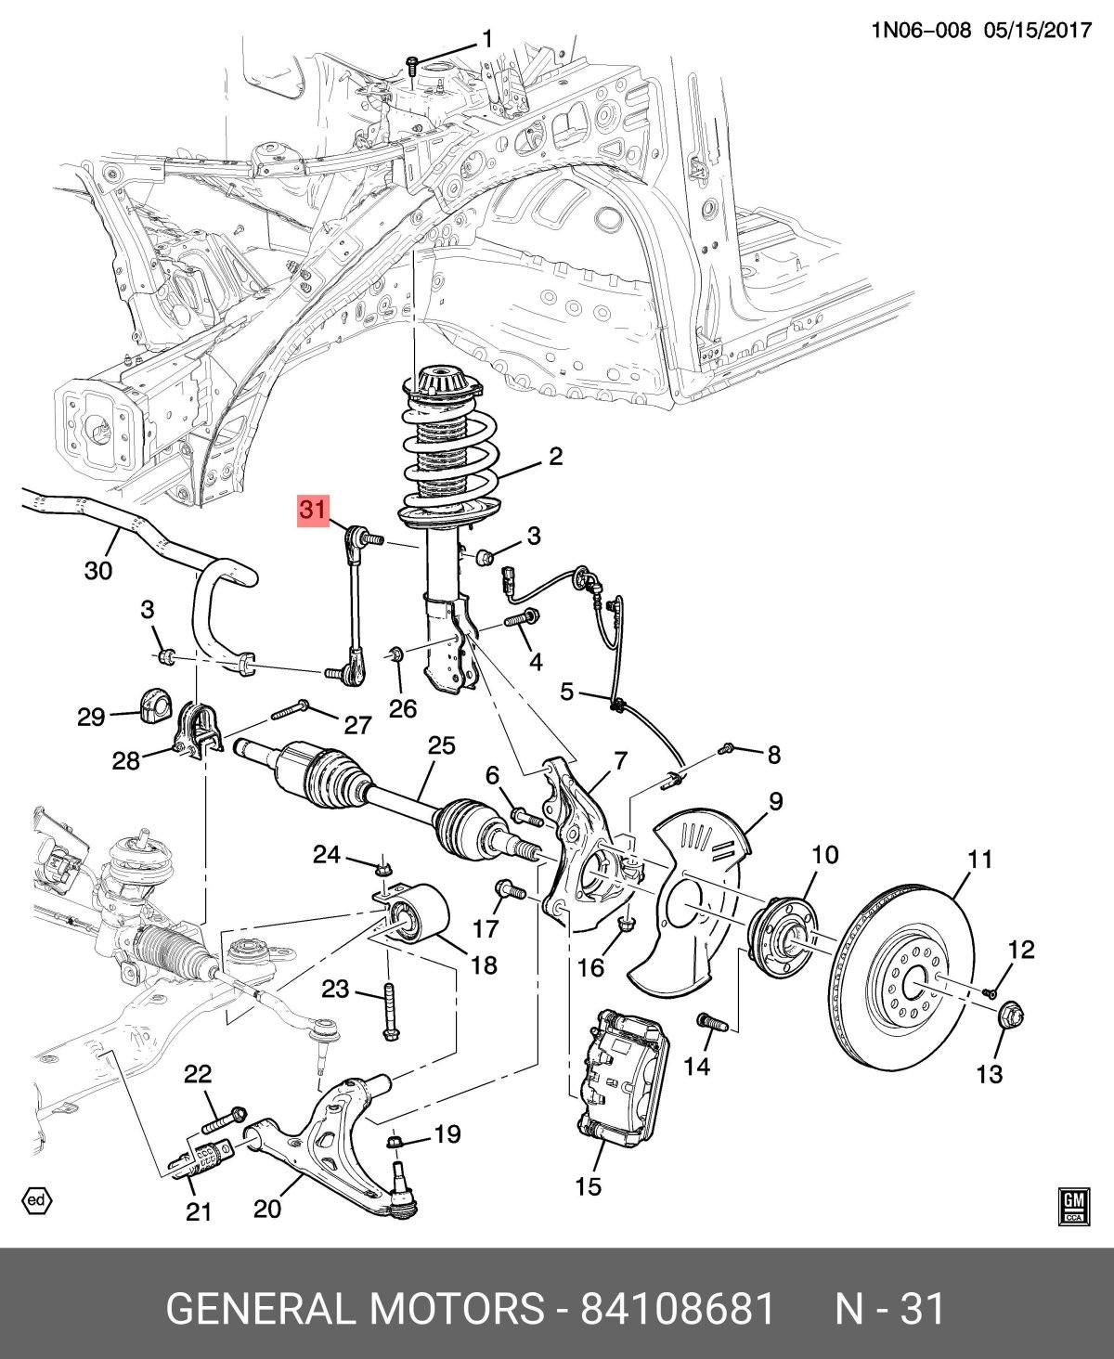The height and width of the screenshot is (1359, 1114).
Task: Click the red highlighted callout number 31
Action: pyautogui.click(x=313, y=510)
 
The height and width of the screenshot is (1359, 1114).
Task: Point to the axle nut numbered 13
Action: pyautogui.click(x=1009, y=1016)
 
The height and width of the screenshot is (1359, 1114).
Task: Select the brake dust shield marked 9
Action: pyautogui.click(x=692, y=891)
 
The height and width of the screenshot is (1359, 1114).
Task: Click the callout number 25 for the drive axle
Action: pyautogui.click(x=442, y=745)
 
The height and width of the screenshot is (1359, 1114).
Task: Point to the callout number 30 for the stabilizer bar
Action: pyautogui.click(x=98, y=570)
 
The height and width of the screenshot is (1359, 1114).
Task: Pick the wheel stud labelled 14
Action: pyautogui.click(x=713, y=1024)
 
